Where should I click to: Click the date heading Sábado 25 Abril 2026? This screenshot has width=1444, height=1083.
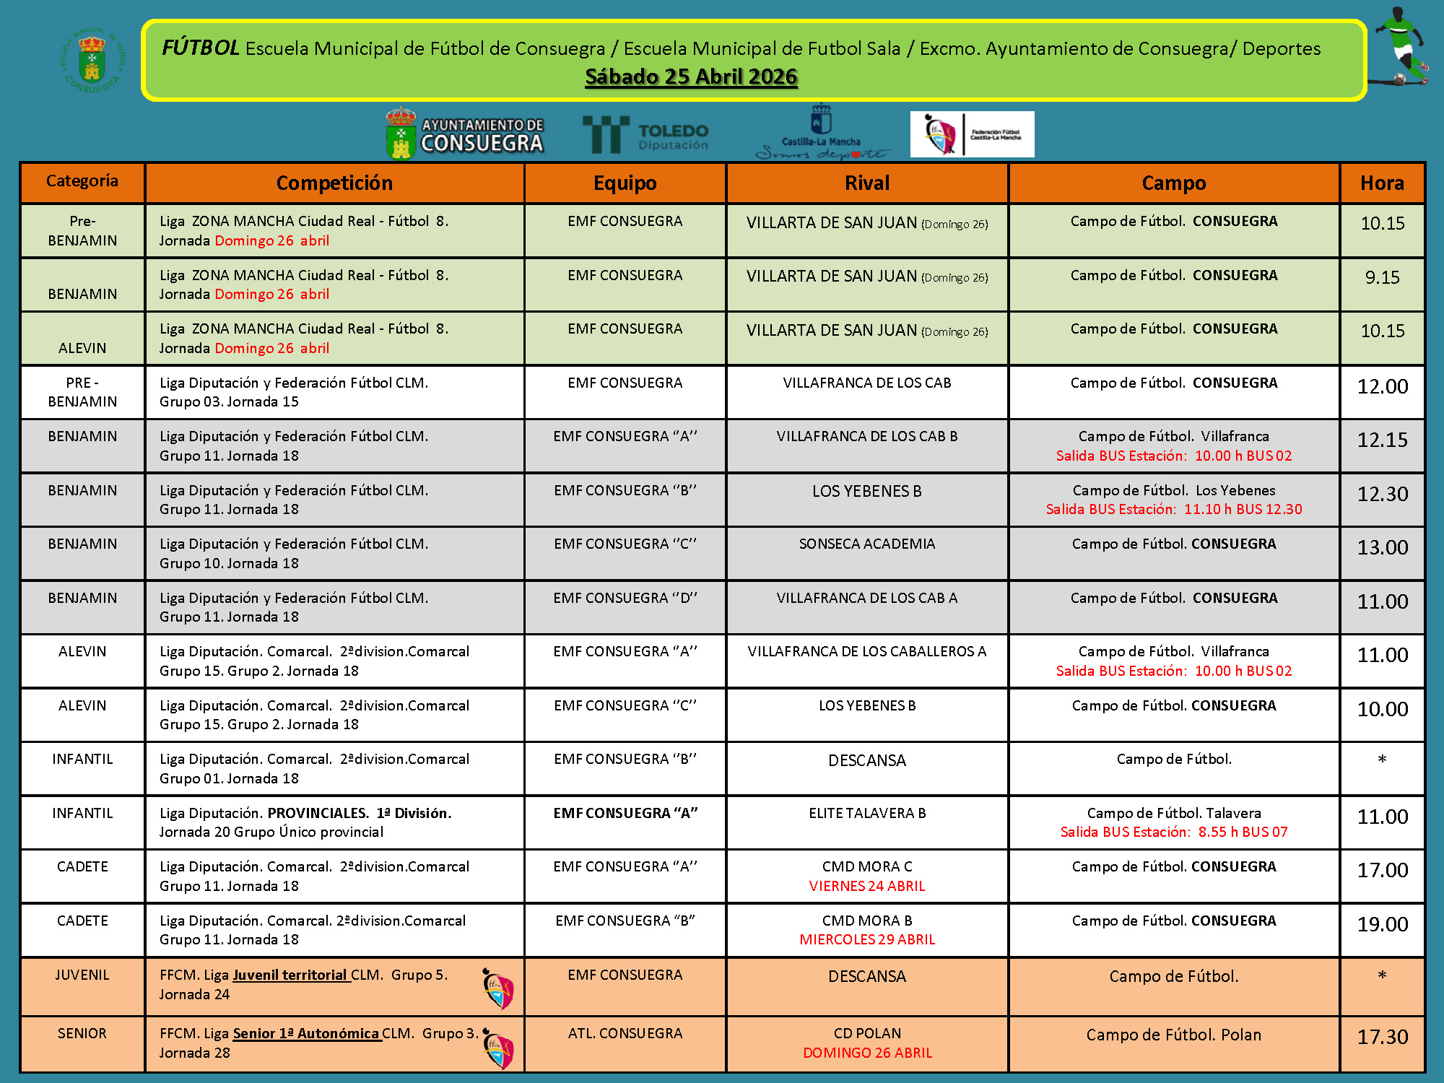pos(691,77)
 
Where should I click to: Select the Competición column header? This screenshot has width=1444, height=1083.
pos(334,183)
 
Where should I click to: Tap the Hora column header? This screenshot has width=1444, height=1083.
pos(1382,183)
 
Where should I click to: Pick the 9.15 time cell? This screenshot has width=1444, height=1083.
pos(1382,277)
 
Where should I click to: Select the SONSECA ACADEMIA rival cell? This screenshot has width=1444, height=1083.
pos(866,544)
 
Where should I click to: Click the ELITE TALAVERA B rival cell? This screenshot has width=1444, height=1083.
pos(866,813)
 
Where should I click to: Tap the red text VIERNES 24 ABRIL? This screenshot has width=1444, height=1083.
pos(866,886)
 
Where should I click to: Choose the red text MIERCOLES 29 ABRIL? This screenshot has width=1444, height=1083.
pos(866,939)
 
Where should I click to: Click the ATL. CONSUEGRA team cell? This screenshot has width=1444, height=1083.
pos(625,1033)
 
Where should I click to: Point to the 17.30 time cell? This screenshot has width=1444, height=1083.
pos(1382,1038)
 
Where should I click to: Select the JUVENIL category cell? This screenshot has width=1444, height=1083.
pos(82,975)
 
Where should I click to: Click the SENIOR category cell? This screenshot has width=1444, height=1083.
pos(82,1033)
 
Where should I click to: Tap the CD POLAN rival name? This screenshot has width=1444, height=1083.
pos(866,1033)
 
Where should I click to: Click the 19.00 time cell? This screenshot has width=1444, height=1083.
pos(1382,924)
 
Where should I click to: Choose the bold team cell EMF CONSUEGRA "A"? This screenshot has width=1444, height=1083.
pos(625,813)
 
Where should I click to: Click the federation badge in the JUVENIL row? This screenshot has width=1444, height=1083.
pos(498,988)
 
